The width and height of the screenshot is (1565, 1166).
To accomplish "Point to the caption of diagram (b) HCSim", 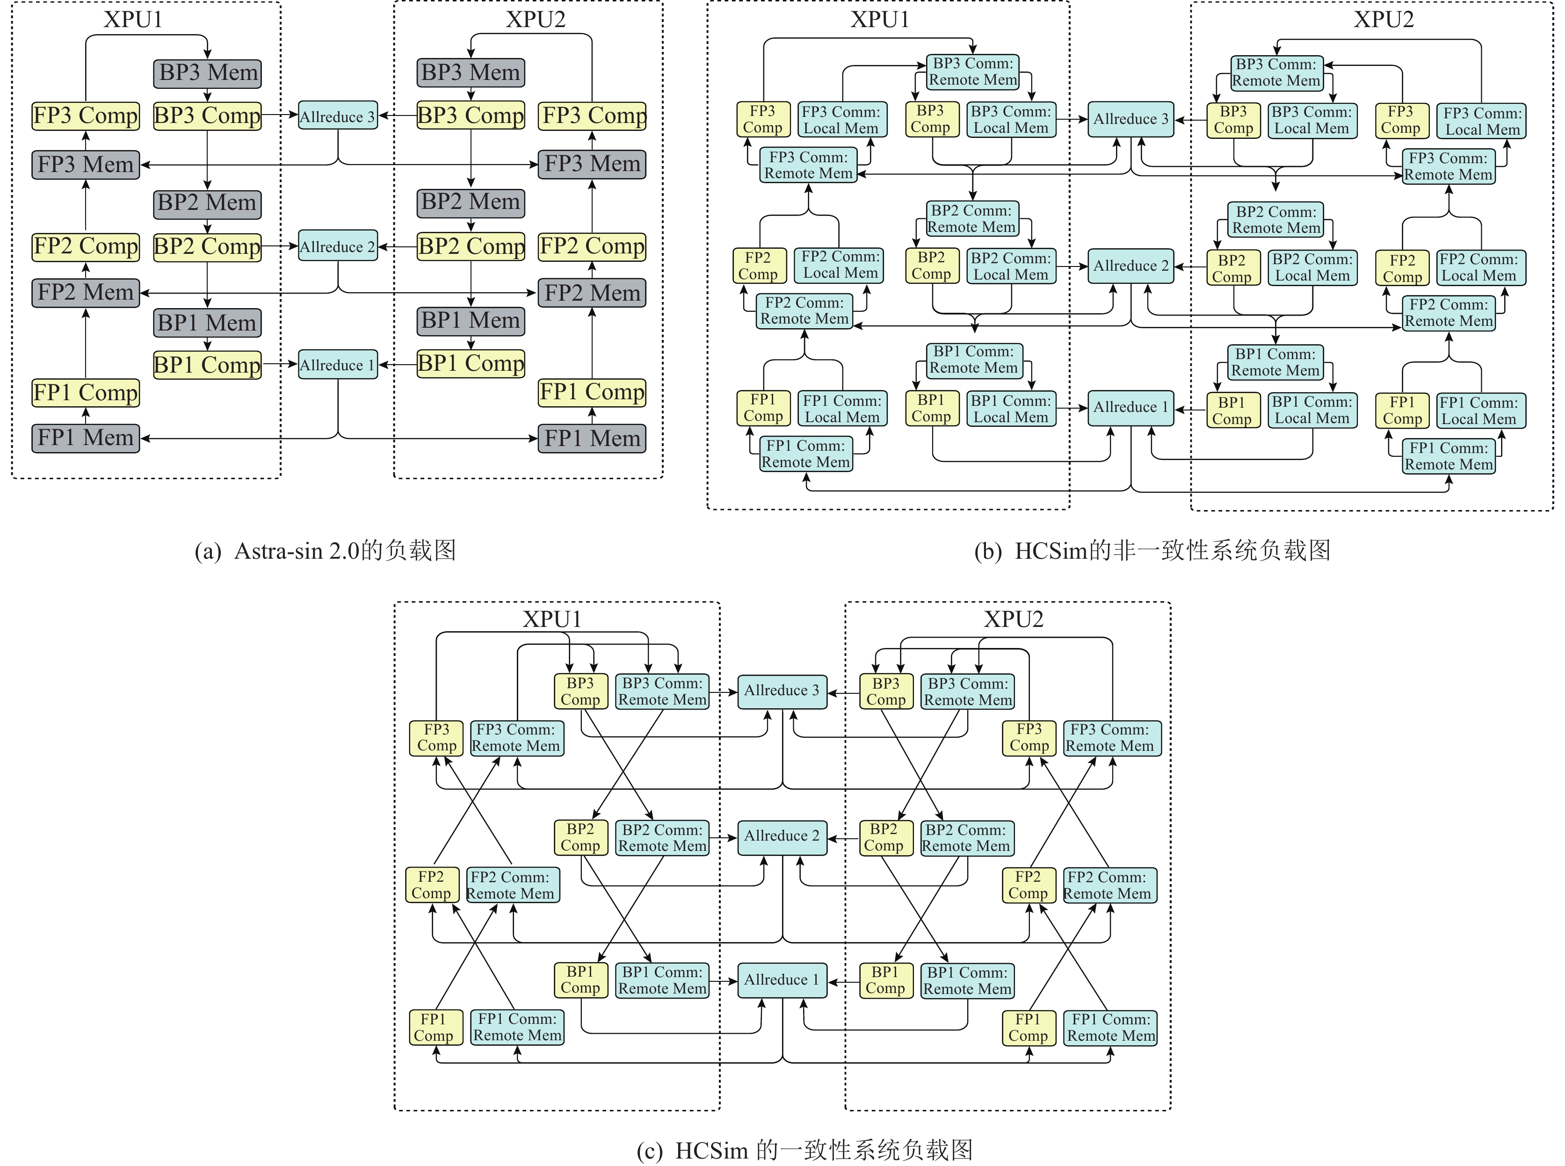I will coord(1152,551).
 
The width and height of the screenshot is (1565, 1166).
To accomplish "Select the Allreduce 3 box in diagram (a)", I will coord(337,116).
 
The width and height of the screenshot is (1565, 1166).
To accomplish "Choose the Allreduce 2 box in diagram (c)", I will coord(782,837).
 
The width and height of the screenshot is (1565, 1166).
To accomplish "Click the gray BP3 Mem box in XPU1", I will coord(208,72).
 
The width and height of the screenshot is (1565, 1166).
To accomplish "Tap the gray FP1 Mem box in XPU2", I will coord(592,439).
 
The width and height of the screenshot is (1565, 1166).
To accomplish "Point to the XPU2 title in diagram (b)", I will coord(1384,20).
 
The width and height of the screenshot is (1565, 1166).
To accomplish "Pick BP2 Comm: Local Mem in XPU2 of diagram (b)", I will coord(1312,267).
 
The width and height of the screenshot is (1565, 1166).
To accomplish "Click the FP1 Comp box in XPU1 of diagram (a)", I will coord(86,392).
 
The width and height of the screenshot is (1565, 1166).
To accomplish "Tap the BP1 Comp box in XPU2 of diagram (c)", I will coord(885,980).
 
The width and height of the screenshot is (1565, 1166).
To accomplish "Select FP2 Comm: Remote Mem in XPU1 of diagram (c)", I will coord(513,885).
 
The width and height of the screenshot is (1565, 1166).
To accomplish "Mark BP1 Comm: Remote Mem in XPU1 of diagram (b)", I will coord(973,359).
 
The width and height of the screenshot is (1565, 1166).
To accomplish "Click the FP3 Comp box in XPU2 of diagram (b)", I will coord(1401,120).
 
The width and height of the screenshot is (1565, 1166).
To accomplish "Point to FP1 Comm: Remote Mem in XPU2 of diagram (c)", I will coord(1110,1028).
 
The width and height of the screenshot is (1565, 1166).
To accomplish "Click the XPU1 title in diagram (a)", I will coord(133,20).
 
